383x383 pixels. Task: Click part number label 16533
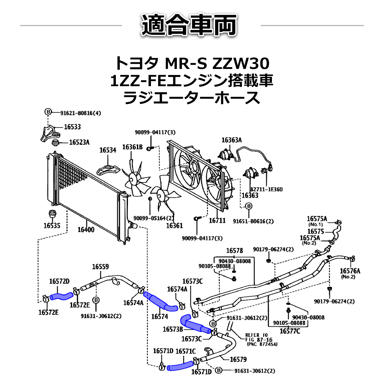point(72,127)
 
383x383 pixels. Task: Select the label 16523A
point(79,142)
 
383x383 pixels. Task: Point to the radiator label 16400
point(86,229)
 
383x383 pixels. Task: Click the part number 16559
point(100,267)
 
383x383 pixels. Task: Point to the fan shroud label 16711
point(217,220)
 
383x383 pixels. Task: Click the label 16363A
point(231,140)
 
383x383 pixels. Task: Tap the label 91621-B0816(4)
point(80,113)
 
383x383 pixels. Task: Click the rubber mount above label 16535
point(52,215)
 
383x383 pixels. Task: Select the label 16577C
point(289,331)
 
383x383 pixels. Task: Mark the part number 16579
point(238,359)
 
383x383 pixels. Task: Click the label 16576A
point(350,271)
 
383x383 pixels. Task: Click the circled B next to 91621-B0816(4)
point(48,112)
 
